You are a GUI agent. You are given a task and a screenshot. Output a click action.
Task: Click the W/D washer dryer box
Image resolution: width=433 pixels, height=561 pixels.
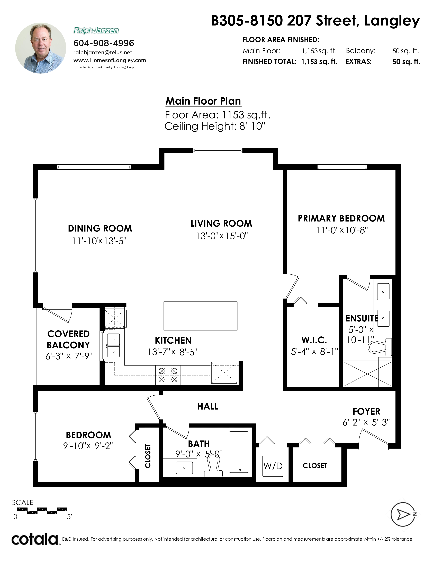click(273, 466)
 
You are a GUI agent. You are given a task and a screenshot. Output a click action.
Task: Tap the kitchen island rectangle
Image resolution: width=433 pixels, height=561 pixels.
click(200, 316)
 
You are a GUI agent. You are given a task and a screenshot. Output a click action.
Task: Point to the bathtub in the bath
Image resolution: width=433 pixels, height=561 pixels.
click(239, 452)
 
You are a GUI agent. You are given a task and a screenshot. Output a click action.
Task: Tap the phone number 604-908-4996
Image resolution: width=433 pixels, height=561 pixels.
click(104, 43)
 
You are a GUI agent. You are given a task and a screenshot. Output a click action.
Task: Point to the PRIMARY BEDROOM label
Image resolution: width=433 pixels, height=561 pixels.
click(341, 218)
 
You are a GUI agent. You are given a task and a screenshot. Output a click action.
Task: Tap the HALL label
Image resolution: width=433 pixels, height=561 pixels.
click(208, 406)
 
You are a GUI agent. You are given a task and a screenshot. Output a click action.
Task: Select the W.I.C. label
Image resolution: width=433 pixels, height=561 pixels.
click(314, 340)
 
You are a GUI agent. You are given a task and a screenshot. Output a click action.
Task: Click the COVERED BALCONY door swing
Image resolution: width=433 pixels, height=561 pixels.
click(57, 314)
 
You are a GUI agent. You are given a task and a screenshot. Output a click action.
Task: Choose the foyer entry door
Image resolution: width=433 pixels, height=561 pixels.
click(374, 440)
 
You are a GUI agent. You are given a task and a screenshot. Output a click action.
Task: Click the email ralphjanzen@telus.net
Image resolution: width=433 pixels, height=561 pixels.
click(103, 52)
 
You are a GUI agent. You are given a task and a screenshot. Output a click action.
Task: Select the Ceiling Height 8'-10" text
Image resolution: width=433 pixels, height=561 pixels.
click(215, 126)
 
